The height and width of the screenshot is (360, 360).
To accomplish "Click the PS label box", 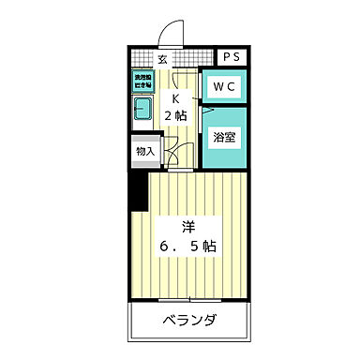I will (232, 56).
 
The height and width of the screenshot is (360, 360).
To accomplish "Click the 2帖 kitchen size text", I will (174, 114).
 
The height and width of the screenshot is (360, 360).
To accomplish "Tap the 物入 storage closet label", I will (144, 150).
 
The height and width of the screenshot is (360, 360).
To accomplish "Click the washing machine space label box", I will (142, 82).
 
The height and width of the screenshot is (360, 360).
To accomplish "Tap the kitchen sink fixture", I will (142, 114).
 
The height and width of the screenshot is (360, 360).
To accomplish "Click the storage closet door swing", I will (173, 148).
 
